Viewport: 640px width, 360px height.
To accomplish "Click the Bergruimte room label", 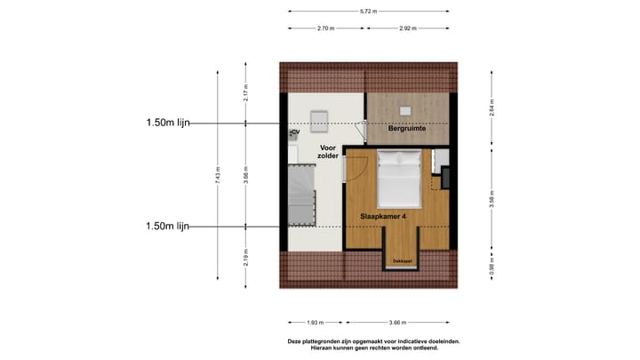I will click(407, 130).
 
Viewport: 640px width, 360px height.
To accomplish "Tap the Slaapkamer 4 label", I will click(384, 216).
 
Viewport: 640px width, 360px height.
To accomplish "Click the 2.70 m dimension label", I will click(325, 28).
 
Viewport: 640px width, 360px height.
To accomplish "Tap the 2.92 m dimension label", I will click(407, 28).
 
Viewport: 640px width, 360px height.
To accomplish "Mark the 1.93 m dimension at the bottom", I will click(313, 323).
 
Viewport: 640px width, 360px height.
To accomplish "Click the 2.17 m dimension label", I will click(246, 92).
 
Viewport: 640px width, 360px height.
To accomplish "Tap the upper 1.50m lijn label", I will click(168, 123).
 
